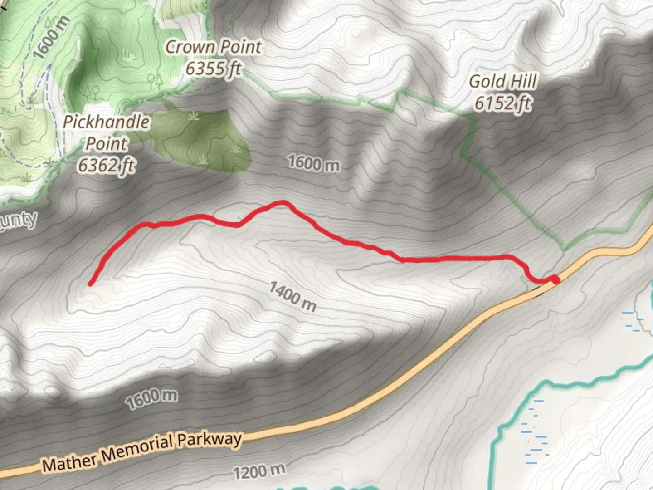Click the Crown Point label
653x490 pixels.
[213, 47]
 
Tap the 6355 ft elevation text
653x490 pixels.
[213, 69]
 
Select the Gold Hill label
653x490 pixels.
[502, 82]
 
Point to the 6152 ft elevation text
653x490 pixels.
[502, 103]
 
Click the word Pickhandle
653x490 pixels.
[106, 122]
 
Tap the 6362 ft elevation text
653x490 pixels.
[106, 165]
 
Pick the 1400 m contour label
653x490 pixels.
[292, 296]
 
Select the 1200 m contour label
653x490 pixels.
[259, 472]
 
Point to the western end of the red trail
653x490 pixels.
[91, 284]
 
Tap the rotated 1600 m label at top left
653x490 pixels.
[52, 38]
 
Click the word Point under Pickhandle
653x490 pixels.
[107, 144]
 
